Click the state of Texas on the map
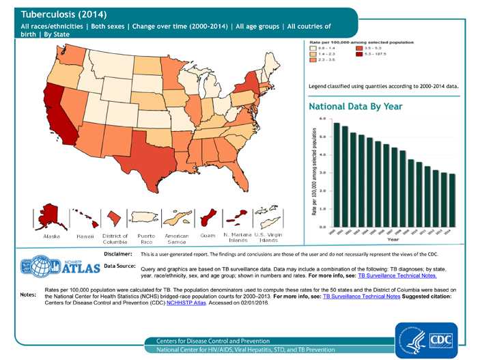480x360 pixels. [x=146, y=154]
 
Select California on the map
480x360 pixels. [x=57, y=116]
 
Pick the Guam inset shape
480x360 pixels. [x=208, y=219]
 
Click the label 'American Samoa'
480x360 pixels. [x=176, y=238]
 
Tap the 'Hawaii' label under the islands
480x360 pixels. [x=85, y=236]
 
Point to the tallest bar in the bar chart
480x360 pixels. [x=337, y=174]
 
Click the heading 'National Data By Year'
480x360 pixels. [x=355, y=107]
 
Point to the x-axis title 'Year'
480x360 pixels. [x=394, y=240]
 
